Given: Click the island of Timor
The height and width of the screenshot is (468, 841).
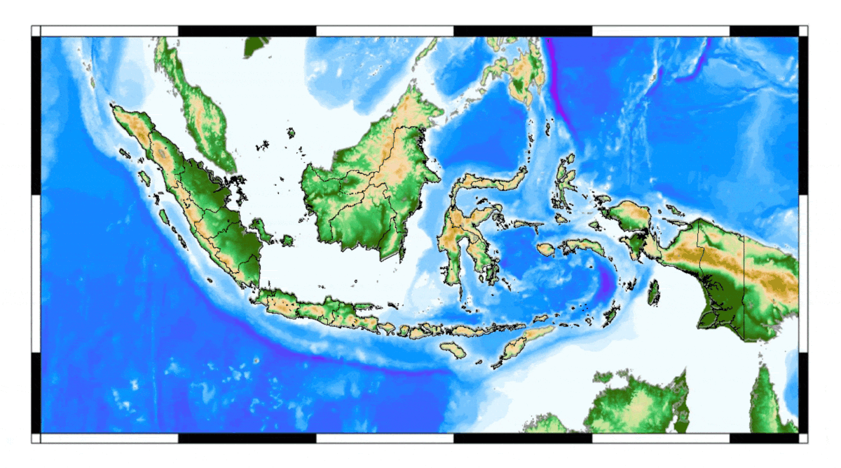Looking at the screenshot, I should pyautogui.click(x=522, y=345).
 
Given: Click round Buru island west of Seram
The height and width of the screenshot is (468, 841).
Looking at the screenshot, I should pyautogui.click(x=545, y=249).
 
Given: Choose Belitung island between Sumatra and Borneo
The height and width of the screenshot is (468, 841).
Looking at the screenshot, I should pyautogui.click(x=286, y=241).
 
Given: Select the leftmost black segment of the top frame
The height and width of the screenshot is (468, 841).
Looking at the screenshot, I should pyautogui.click(x=247, y=31).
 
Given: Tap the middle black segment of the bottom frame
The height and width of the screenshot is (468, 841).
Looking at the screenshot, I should pyautogui.click(x=522, y=438).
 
